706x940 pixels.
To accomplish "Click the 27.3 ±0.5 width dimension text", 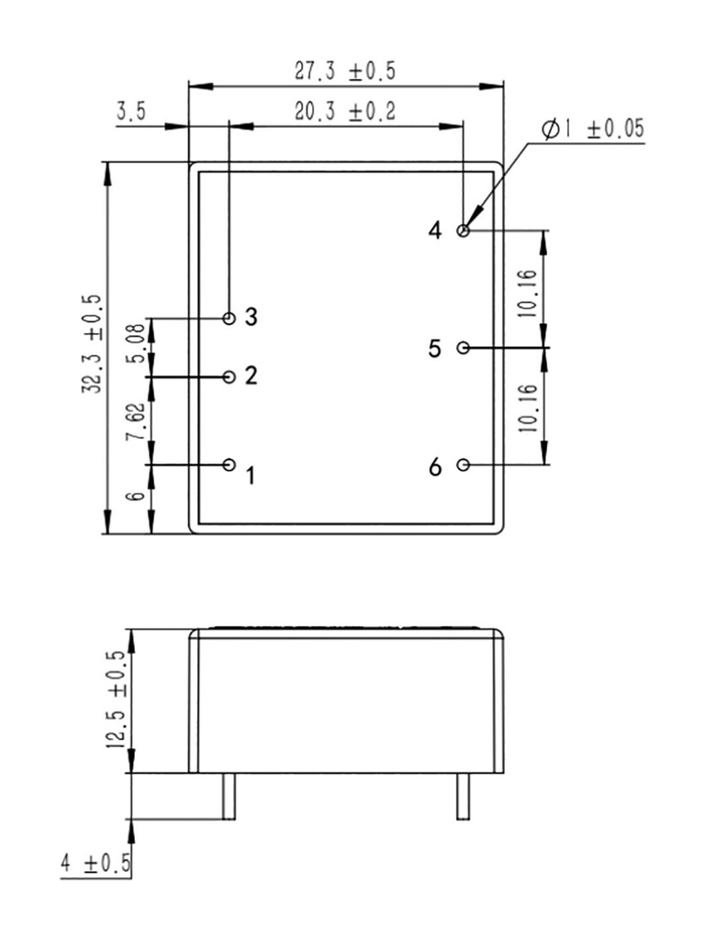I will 346,71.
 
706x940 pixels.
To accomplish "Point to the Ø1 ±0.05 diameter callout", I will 592,129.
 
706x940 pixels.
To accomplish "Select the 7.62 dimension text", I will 134,420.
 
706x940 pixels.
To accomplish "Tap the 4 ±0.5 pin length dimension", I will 95,864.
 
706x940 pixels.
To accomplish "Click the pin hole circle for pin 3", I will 230,319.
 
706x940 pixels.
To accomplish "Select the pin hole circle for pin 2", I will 230,376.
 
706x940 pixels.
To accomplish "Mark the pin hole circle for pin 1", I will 230,464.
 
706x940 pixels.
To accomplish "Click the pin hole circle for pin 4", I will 464,230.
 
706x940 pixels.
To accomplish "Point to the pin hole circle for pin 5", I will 464,348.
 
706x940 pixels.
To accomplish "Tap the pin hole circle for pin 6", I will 464,464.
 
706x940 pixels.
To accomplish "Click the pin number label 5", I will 435,349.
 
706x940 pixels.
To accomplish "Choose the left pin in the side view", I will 229,795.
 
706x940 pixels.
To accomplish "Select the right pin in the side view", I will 464,795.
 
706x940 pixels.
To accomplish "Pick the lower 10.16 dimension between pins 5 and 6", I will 526,408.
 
